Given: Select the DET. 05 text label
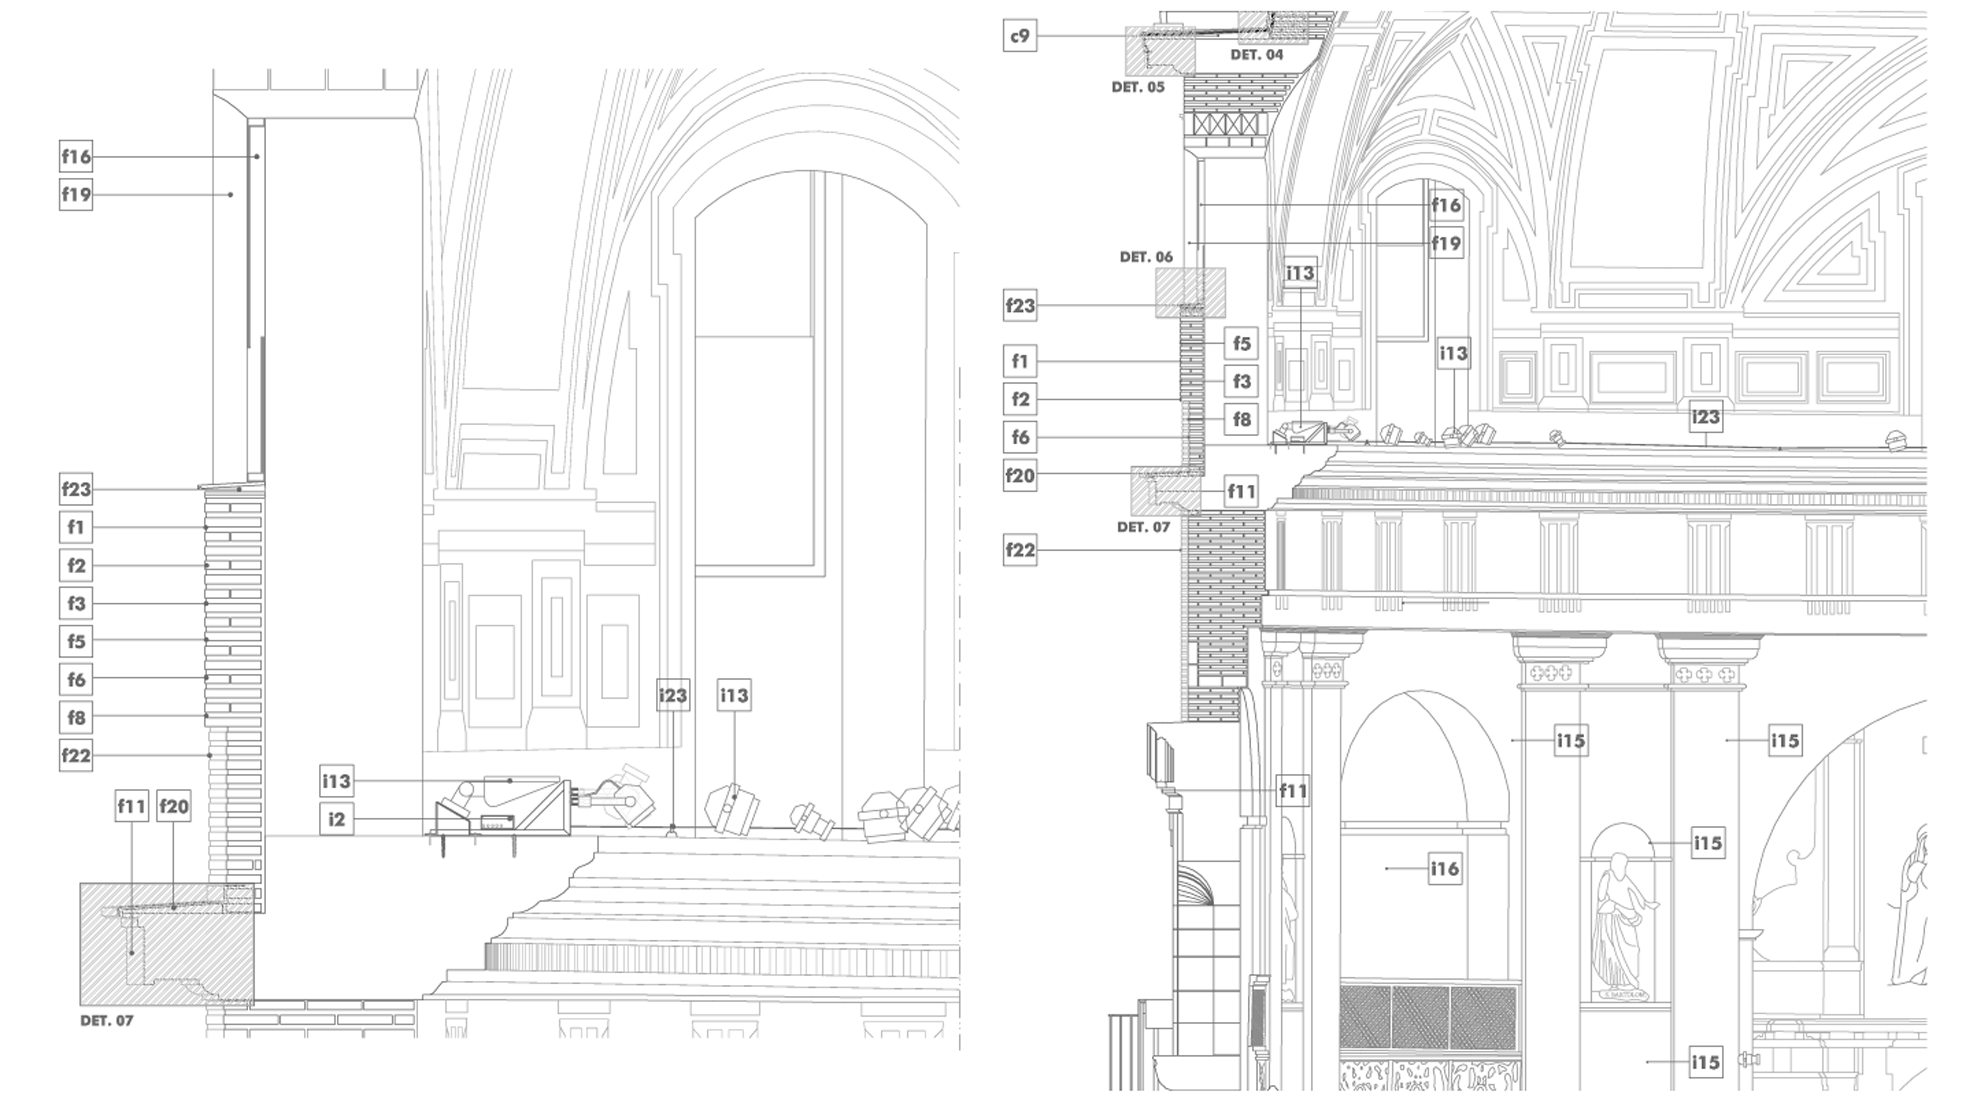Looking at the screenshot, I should pos(1137,87).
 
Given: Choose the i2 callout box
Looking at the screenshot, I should pos(337,819).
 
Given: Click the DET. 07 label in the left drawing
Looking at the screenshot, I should pos(106,1020).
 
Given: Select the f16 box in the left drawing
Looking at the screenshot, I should pos(76,157).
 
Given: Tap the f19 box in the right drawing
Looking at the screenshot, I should pos(1445,243).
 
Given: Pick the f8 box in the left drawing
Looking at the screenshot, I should pos(76,717).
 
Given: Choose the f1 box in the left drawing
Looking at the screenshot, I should pos(76,527).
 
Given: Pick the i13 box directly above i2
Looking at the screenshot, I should pos(337,781).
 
